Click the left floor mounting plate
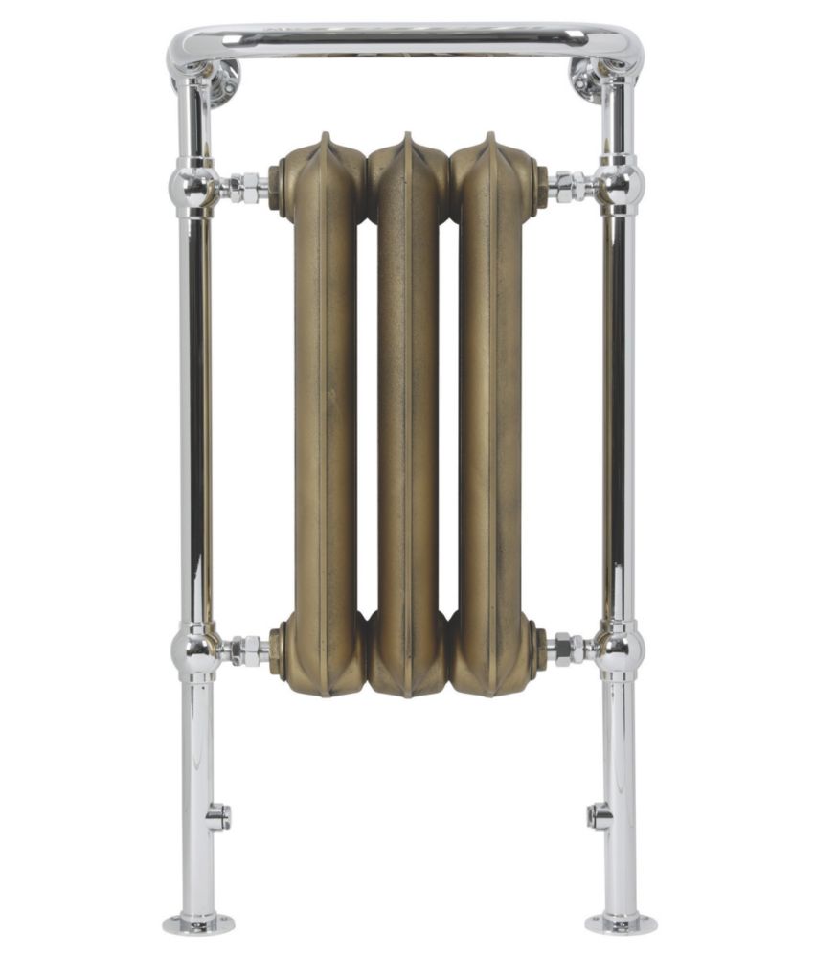point(198,924)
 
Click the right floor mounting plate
point(621,924)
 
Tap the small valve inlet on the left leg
point(218,816)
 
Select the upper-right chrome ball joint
point(621,186)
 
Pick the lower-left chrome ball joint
point(196,651)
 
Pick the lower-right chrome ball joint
point(620,651)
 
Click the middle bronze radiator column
point(408,412)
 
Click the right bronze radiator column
point(491,412)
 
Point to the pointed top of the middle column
point(407,138)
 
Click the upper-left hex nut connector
point(248,187)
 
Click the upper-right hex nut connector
point(567,186)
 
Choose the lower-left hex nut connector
point(248,651)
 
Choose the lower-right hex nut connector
point(567,650)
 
